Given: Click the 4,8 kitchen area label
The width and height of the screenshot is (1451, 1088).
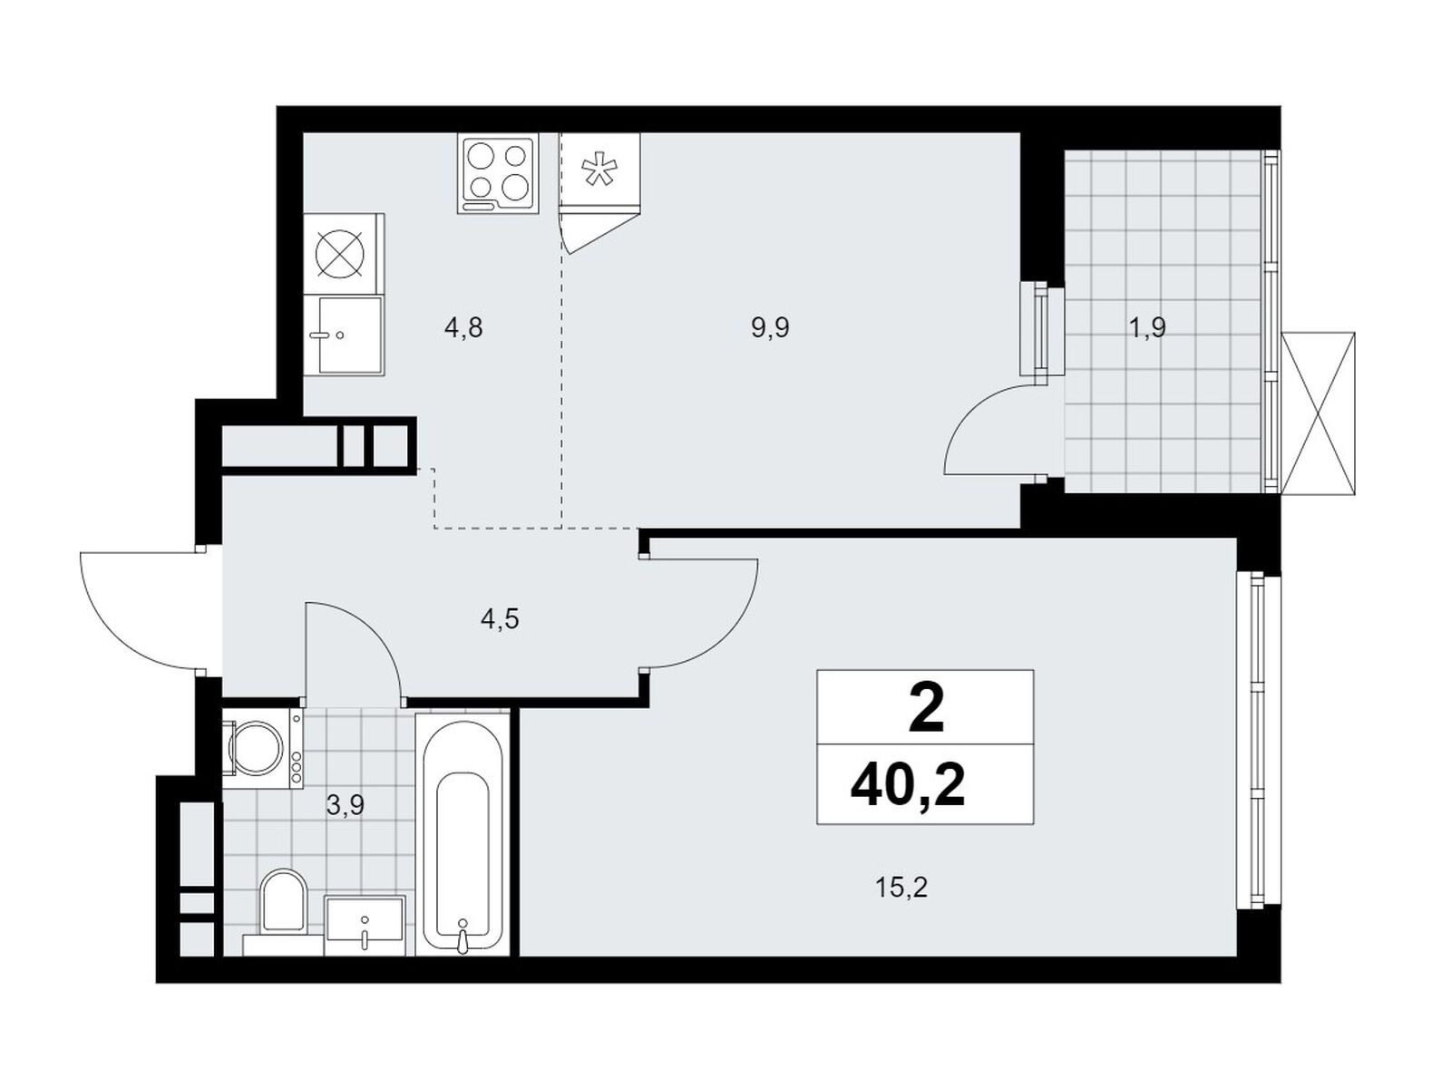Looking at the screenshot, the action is click(463, 327).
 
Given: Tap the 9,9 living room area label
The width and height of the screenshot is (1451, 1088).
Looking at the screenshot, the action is click(770, 327).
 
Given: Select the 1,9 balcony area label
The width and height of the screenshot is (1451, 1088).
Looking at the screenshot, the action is click(1147, 327).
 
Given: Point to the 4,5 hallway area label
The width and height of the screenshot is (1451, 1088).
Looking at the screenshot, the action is click(500, 619).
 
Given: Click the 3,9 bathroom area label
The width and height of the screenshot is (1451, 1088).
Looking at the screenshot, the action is click(346, 805).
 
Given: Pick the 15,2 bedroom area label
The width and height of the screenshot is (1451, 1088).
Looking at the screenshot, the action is click(901, 888).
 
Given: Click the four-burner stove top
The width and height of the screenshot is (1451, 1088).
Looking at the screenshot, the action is click(497, 174).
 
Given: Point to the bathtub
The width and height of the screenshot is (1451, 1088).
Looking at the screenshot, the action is click(463, 833).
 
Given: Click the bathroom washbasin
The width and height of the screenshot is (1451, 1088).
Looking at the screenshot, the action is click(364, 925).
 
